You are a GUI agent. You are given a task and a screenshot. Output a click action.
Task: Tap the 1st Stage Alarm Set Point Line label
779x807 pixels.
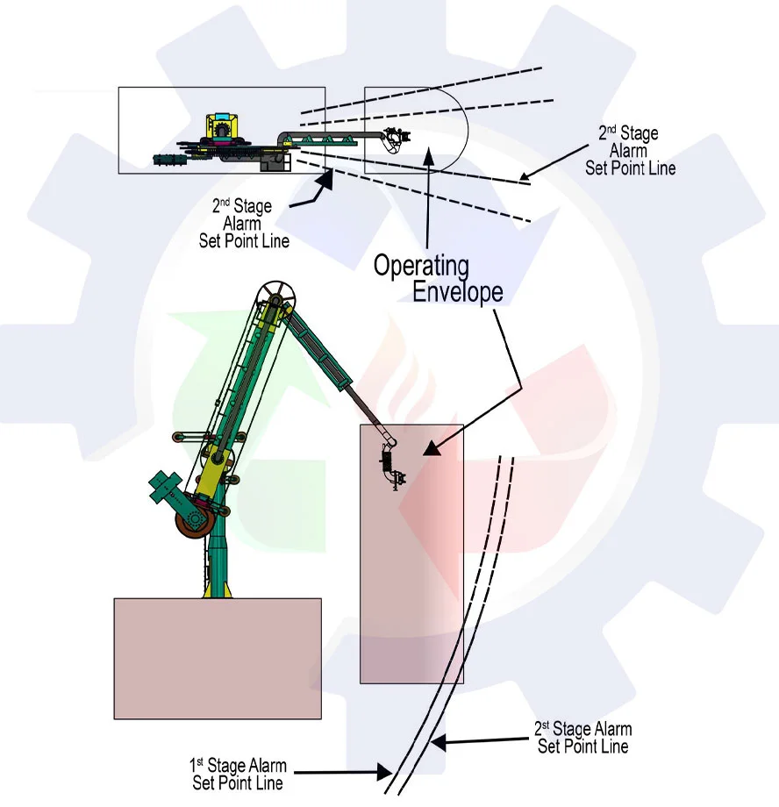tap(238, 774)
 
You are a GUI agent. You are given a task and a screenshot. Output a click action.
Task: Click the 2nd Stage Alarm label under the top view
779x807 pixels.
tap(243, 223)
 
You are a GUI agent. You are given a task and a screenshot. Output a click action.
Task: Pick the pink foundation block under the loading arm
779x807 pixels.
tap(218, 658)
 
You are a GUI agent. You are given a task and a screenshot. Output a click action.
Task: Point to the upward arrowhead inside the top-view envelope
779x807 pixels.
tap(428, 154)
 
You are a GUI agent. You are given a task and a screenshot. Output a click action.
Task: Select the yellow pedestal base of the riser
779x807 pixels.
tap(216, 588)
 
